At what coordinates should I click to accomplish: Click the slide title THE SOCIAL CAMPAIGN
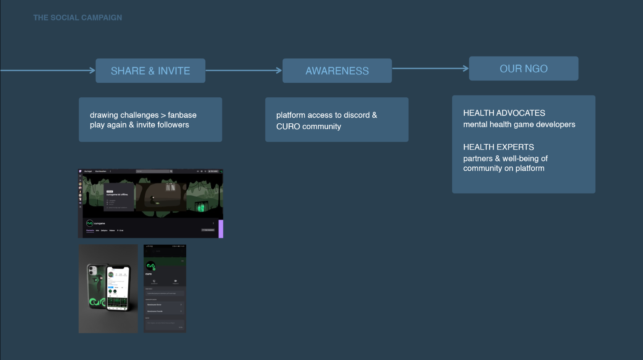(78, 18)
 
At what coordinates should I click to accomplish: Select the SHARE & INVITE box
(150, 71)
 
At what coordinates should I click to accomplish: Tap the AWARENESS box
(337, 71)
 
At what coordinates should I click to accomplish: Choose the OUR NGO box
(523, 69)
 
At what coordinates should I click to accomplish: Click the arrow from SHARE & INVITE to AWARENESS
(244, 70)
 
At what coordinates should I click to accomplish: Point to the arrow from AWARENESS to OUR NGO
(430, 69)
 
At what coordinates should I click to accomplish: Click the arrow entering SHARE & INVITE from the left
(48, 70)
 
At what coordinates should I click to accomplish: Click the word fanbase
(182, 115)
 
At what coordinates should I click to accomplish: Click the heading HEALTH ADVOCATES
(504, 113)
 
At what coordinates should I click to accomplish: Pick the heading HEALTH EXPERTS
(498, 147)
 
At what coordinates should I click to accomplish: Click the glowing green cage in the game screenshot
(201, 207)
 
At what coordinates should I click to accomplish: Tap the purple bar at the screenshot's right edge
(221, 229)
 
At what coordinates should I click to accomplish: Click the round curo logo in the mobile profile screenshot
(151, 266)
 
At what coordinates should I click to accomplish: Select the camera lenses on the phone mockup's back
(92, 271)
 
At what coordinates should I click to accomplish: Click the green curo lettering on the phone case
(97, 302)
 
